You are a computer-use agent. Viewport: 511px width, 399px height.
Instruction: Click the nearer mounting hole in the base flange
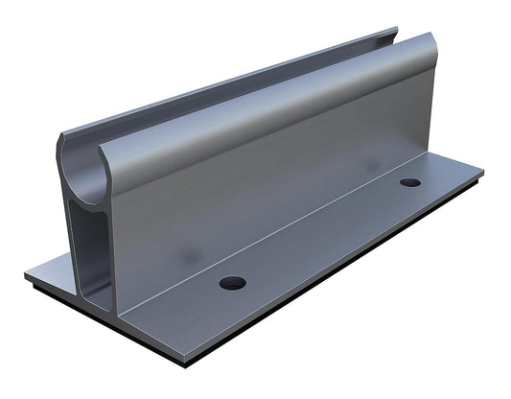click(232, 283)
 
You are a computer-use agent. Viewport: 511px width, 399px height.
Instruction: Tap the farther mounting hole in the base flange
click(410, 182)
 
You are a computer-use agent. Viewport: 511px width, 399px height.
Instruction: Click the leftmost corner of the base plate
click(26, 276)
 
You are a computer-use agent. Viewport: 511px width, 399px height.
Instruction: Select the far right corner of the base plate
click(482, 174)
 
